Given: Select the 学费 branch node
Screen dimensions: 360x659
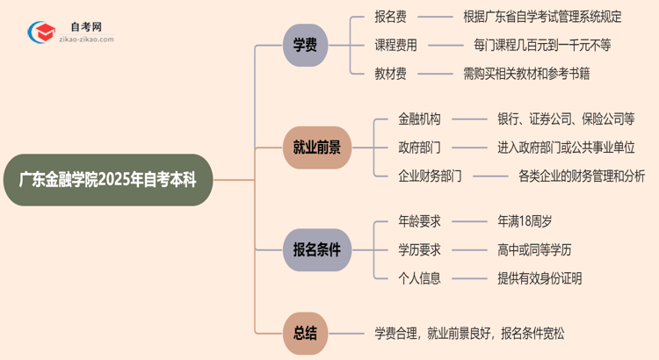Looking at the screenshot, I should (x=305, y=45).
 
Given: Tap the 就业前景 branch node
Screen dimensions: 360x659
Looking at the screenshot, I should (x=316, y=148).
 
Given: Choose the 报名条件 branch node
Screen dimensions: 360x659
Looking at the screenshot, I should (x=316, y=250).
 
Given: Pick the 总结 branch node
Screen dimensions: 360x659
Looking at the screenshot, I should (x=305, y=333).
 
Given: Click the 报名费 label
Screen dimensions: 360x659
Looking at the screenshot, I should (x=391, y=17).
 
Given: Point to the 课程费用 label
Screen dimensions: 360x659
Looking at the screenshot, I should (x=395, y=45).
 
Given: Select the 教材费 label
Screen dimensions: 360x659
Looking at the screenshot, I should (x=391, y=73).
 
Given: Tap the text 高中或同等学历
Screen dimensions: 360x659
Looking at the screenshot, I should (x=534, y=250).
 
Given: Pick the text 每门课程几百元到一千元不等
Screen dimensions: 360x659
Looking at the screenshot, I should (x=541, y=45).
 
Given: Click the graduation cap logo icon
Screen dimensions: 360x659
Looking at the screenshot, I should (x=38, y=32).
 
